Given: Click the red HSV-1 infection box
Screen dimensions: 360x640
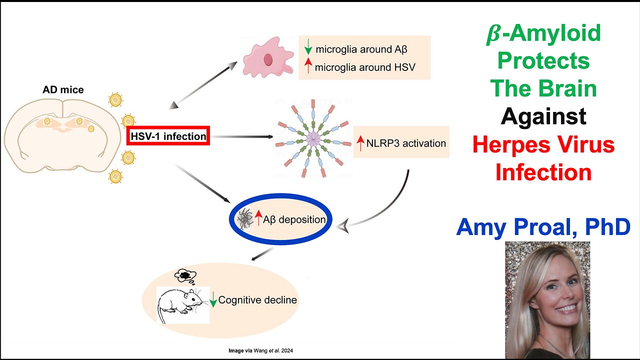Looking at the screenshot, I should [168, 136].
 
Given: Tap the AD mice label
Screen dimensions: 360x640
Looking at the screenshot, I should [63, 90].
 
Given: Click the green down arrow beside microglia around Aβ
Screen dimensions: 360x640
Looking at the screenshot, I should [308, 48].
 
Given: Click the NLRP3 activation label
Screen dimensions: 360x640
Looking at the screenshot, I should [405, 143].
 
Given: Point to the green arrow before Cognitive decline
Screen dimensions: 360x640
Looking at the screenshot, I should [213, 299].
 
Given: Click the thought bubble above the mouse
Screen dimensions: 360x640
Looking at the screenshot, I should [184, 275].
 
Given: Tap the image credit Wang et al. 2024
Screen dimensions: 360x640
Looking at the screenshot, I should [258, 351].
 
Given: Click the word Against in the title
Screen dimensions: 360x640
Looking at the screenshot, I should [543, 116].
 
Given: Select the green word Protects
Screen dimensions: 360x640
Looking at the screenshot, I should [543, 61].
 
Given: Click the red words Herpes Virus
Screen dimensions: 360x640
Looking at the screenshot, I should [543, 144].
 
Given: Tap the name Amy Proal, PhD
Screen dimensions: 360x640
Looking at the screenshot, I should [543, 227].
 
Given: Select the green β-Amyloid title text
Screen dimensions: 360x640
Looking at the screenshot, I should [543, 33].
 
